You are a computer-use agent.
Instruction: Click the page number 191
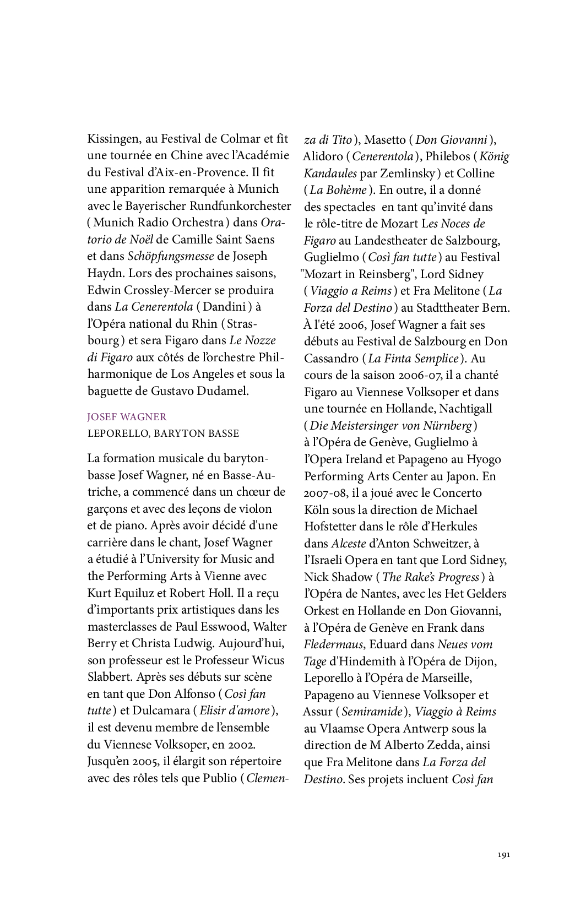click(503, 855)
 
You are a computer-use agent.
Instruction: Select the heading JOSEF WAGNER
click(127, 417)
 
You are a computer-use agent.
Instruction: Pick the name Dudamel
click(224, 391)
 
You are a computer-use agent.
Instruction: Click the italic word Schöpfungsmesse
click(170, 256)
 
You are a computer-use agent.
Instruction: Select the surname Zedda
click(473, 745)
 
